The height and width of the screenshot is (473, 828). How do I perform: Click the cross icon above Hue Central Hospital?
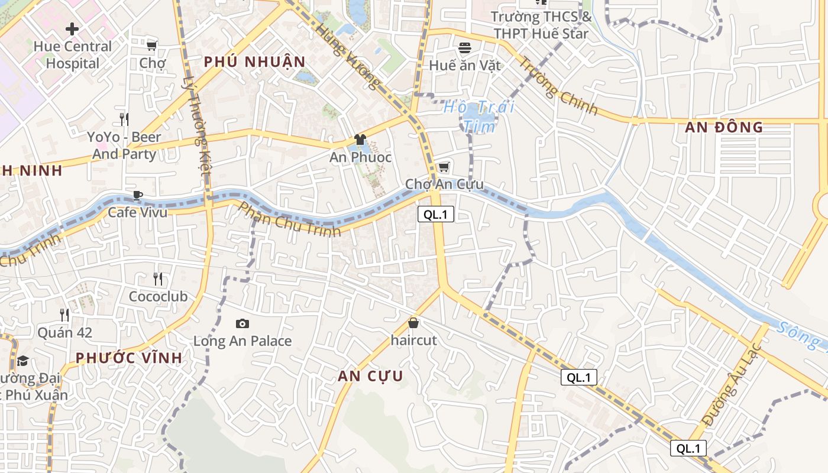pos(72,28)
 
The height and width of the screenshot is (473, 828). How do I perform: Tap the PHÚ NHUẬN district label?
pos(255,61)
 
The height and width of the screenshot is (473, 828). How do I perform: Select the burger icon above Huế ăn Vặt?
pos(465,47)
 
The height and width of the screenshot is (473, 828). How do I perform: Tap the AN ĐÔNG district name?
pos(724,127)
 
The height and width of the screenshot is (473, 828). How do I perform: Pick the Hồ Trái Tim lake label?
pos(479,116)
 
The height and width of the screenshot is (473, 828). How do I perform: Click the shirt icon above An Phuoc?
pos(360,140)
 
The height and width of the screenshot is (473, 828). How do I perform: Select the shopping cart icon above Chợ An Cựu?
pos(444,167)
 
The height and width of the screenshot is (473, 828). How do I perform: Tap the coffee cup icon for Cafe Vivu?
pos(137,195)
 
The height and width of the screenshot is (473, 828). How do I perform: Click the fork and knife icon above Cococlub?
pos(157,278)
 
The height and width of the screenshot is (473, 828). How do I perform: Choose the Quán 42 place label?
pos(65,332)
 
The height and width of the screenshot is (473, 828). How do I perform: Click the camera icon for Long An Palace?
pos(242,323)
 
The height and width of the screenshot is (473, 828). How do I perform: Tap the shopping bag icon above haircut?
pos(413,323)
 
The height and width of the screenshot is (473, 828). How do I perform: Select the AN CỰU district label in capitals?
pos(370,376)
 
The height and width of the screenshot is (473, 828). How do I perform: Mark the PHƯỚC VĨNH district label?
pos(129,358)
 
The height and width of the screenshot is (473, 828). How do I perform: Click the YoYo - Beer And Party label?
pos(124,145)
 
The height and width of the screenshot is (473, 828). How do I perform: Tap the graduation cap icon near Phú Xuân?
pos(22,361)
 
